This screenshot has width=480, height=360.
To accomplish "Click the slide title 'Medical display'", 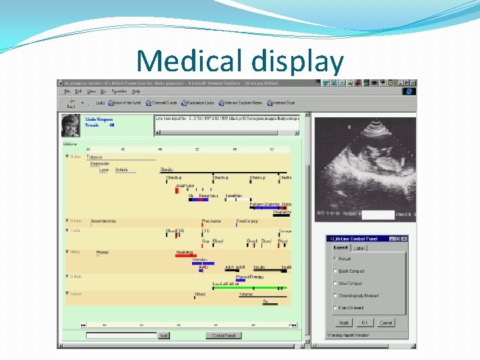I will point(240,62).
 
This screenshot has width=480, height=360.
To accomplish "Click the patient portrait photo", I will point(71,125).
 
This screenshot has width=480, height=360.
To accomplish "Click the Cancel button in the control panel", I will point(386,323).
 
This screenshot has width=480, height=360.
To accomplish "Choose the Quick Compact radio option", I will point(335,271).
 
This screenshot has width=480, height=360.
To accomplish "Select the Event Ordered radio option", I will point(335,308).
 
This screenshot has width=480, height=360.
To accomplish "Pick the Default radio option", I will point(335,259).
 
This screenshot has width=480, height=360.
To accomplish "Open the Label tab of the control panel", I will point(359,248).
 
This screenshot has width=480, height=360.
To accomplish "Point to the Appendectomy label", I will point(103,221).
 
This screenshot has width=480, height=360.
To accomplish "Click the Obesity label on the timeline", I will point(167,169).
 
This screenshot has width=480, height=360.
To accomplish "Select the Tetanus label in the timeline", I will point(246,294).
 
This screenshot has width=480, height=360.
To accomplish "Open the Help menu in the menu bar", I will point(136,91).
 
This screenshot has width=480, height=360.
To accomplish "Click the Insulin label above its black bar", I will point(259,267).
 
